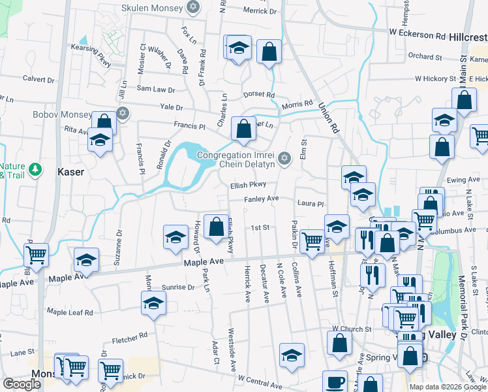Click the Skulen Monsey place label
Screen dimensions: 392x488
153,8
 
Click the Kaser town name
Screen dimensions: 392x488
70,172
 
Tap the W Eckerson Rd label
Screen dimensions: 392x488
417,31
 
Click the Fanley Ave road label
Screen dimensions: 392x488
262,199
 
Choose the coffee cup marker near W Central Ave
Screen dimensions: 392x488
335,381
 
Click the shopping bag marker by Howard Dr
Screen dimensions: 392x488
216,227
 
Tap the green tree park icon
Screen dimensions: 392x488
35,169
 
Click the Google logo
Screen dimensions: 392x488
21,384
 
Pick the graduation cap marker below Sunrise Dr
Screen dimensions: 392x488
153,303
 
